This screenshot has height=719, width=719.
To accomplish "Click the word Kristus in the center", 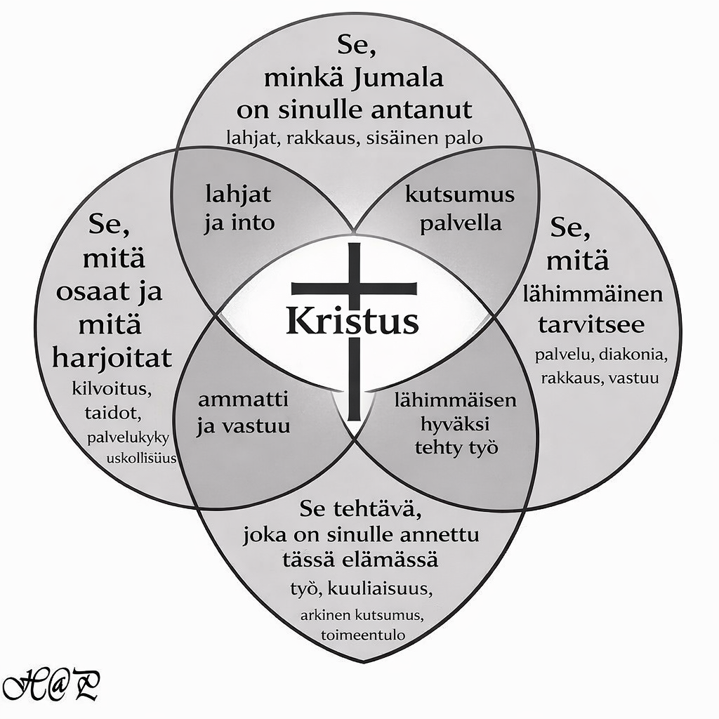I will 352,322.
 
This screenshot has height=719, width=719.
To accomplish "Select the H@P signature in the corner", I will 50,685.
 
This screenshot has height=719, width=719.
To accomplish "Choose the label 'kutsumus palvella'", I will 459,209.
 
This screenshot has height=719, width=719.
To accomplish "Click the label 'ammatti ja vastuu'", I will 243,413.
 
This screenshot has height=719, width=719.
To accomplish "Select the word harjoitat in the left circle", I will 112,358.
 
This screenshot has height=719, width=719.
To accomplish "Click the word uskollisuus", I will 140,459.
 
